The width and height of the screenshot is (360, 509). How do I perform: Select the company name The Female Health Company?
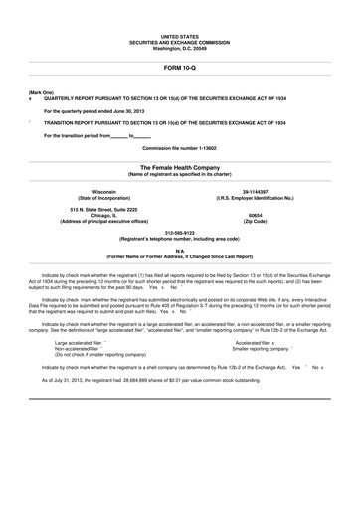pos(180,168)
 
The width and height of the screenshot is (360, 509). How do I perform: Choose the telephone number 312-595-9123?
pos(180,234)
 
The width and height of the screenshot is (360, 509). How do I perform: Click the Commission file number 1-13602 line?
pos(180,147)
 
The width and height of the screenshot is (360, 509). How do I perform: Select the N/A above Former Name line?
pos(180,251)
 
